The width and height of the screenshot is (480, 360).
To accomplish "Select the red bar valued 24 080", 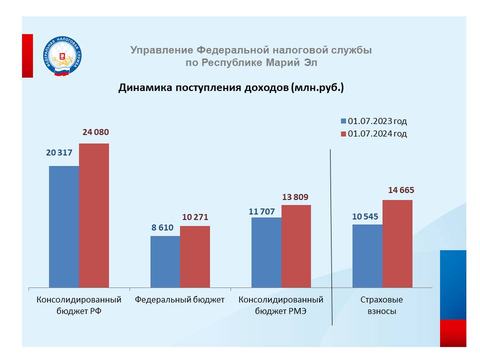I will tap(94, 215).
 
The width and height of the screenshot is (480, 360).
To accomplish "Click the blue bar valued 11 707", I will tap(266, 252).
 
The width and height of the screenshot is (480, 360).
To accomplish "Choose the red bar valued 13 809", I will tap(296, 246).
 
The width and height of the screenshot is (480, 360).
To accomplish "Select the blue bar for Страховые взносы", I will tap(367, 255).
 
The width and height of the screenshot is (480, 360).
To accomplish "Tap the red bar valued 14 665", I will tap(397, 243).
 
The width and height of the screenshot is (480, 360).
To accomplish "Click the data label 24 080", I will tap(94, 132).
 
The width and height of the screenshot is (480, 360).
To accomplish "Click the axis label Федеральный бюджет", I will tap(180, 300).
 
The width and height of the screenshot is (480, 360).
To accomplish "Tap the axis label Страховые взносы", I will tap(382, 305).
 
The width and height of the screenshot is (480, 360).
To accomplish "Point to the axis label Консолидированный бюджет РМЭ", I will tap(281, 305).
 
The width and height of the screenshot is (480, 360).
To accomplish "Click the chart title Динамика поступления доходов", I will tap(231, 88).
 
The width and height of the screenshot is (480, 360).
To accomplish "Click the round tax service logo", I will tap(62, 56).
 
